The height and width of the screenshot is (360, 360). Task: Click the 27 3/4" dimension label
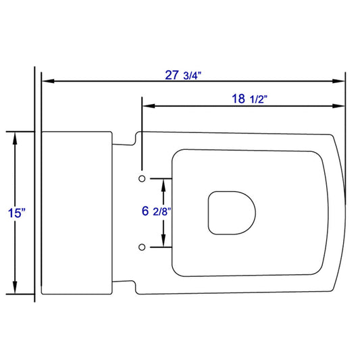point(183,75)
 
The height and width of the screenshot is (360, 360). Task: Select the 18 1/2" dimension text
point(249,99)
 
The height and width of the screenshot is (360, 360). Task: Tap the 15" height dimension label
point(16,213)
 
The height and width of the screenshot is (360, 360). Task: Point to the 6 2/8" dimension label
point(157,211)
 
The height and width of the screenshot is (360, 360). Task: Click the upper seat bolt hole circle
point(142,178)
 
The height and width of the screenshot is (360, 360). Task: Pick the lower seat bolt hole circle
point(142,247)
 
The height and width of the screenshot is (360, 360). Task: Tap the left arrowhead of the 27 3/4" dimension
point(48,81)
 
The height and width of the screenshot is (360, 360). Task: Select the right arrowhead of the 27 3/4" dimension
point(338,81)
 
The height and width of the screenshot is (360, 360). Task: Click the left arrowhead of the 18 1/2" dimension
point(149,106)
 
